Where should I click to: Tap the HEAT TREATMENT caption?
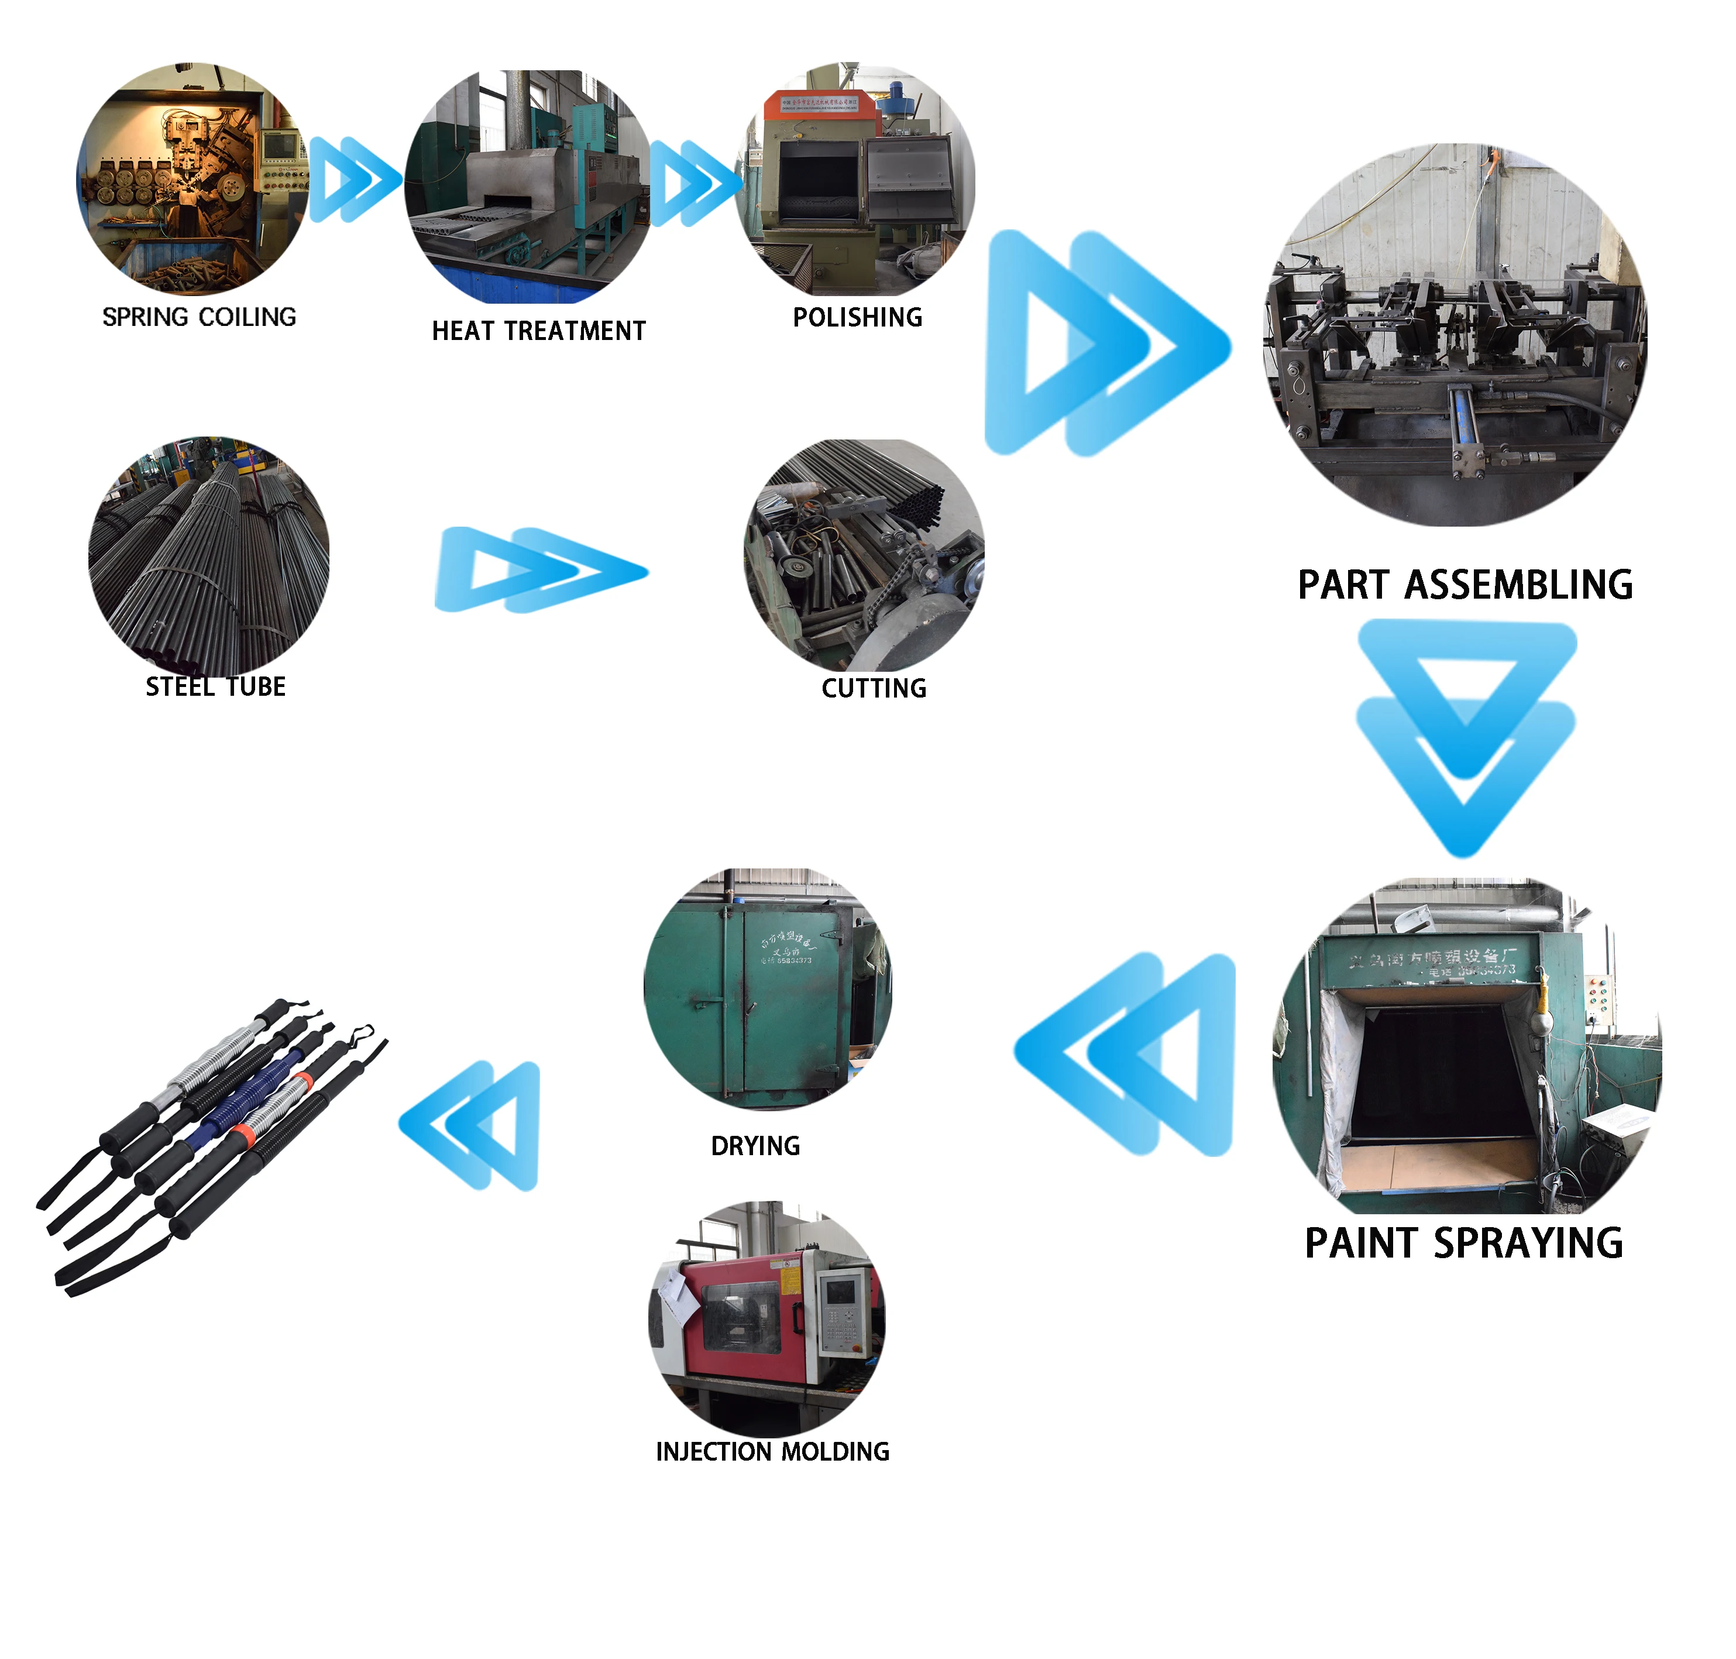click(538, 331)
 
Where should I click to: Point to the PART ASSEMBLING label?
click(1465, 585)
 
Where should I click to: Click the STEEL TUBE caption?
click(216, 687)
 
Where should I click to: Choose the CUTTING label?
click(874, 688)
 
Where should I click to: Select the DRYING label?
click(755, 1146)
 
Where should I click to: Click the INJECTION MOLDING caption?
click(772, 1451)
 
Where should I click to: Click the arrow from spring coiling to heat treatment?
click(354, 180)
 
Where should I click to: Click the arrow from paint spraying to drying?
click(1127, 1054)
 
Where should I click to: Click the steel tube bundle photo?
click(209, 555)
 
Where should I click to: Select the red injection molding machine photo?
click(766, 1318)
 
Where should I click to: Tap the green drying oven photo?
click(766, 989)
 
